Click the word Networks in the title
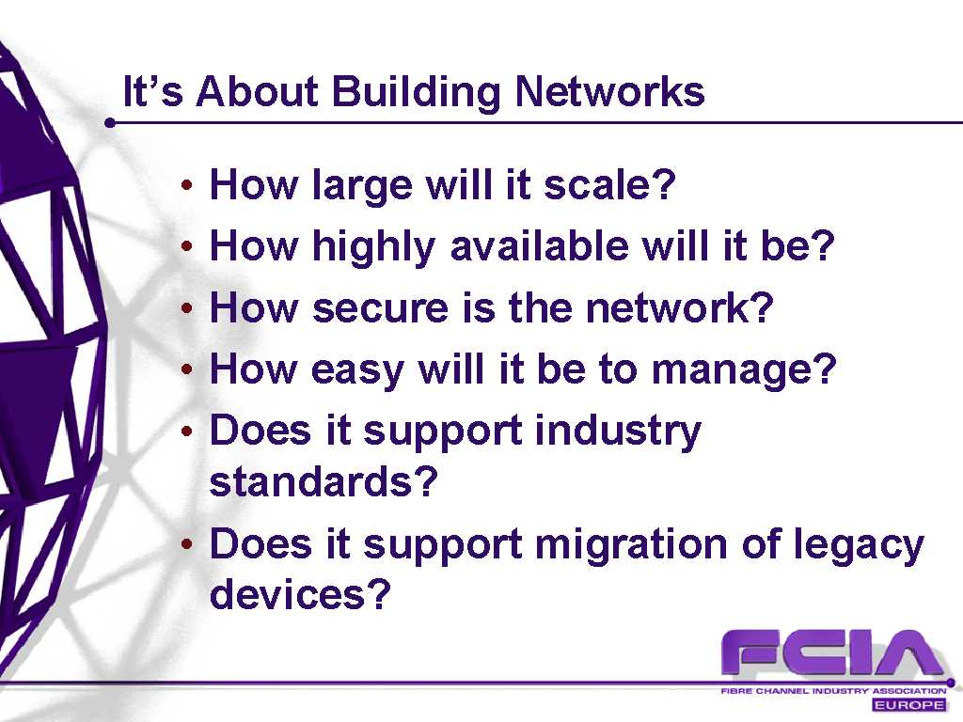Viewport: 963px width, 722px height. (x=609, y=91)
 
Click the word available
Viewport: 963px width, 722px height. (x=539, y=245)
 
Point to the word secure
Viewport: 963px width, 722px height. (x=380, y=307)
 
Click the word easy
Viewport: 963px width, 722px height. (x=356, y=370)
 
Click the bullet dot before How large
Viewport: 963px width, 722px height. (x=187, y=184)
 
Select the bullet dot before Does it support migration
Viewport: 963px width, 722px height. (x=187, y=544)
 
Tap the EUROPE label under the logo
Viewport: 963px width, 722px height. (x=909, y=704)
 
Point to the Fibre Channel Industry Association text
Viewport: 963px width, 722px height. (x=833, y=691)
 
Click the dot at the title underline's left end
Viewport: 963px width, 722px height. (x=111, y=123)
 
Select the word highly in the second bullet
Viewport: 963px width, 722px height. (x=373, y=247)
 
